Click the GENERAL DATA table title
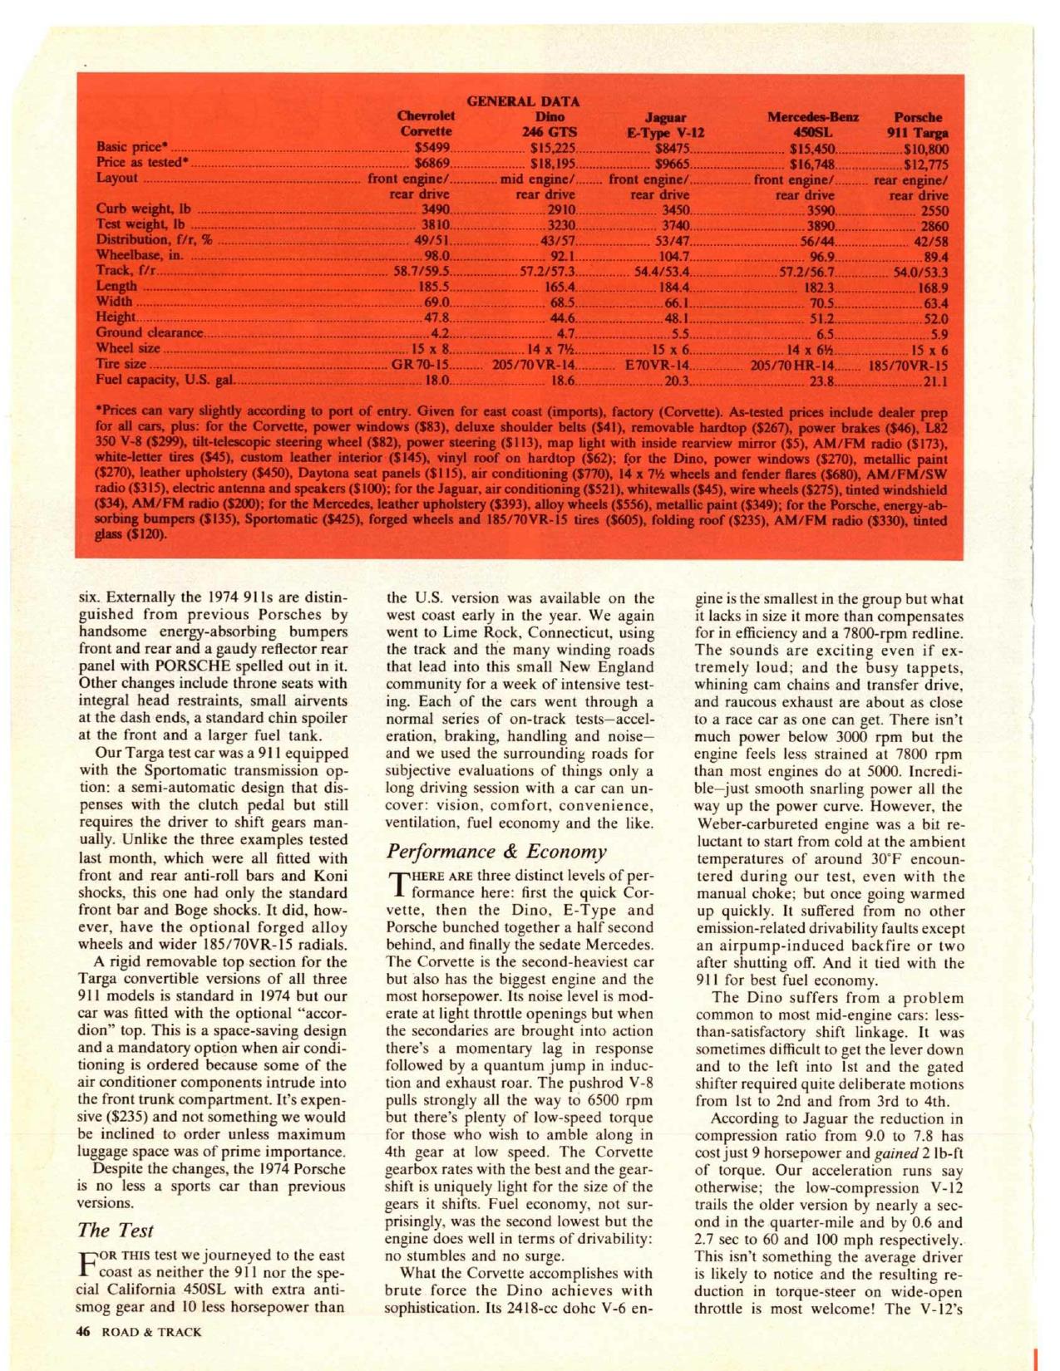[523, 101]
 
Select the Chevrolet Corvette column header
[426, 124]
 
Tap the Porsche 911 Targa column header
[919, 124]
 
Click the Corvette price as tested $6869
[432, 164]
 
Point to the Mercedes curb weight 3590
[816, 210]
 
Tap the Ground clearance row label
[150, 333]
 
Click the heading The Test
[116, 1230]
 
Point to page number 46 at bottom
[82, 1331]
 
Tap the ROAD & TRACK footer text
[150, 1331]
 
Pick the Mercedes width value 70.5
[821, 302]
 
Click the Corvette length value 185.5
[434, 287]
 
